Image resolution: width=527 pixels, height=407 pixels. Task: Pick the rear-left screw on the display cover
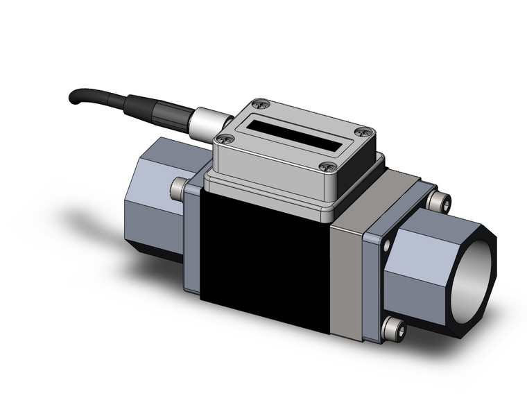click(261, 104)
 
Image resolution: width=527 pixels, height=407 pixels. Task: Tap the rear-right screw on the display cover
click(361, 132)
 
